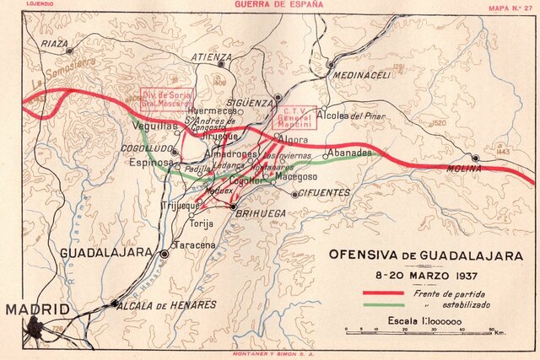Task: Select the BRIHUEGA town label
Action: tap(257, 215)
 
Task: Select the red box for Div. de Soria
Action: tap(166, 98)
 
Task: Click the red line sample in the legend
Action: tap(382, 292)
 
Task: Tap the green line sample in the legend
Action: tap(382, 304)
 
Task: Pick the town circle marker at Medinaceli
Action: tap(332, 64)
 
